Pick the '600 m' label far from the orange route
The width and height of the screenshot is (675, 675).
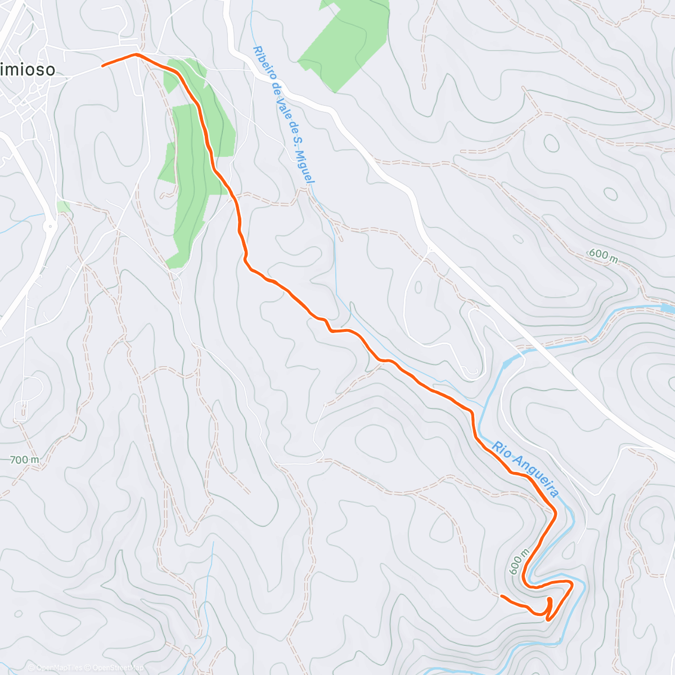[603, 255]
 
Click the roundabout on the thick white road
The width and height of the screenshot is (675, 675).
[50, 227]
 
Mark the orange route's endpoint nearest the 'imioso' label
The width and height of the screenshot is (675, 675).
[103, 66]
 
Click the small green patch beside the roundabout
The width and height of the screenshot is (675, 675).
[64, 206]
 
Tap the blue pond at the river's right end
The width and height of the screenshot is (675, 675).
[667, 308]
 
